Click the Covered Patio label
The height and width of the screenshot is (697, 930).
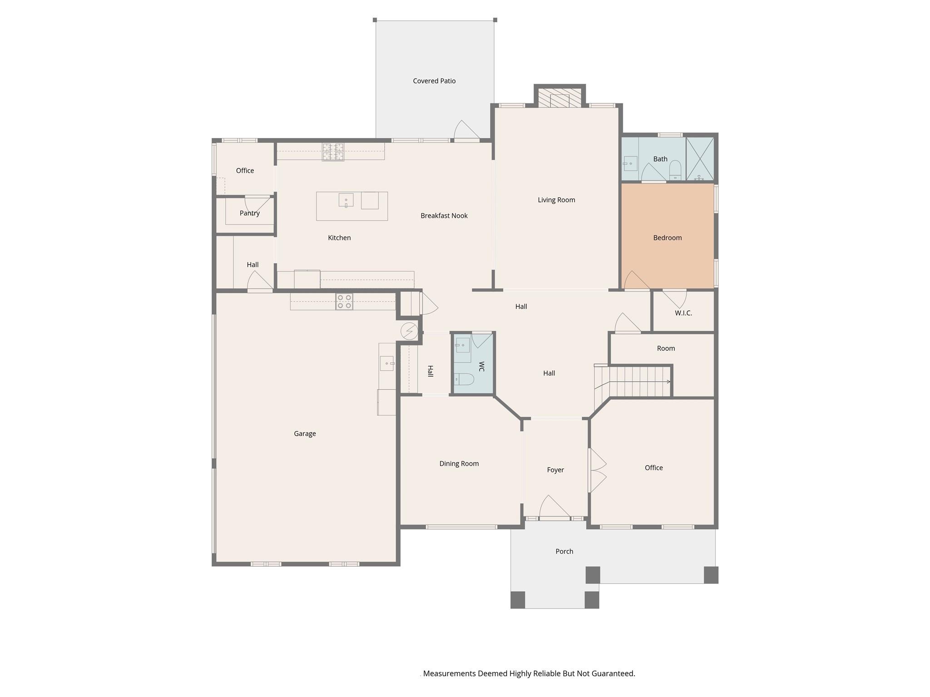click(434, 81)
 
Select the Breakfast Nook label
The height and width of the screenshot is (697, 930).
click(444, 216)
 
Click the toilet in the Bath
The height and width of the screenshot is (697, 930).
click(675, 170)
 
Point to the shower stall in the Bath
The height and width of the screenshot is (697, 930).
click(700, 159)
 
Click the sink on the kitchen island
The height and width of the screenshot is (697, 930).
click(346, 200)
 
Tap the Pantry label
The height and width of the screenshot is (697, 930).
click(250, 213)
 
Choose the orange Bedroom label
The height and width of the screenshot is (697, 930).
click(668, 238)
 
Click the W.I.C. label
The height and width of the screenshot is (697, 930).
click(683, 313)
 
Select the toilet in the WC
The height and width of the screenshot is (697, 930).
click(464, 378)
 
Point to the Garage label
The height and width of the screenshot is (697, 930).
click(305, 434)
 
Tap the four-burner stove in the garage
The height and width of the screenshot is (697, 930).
click(344, 302)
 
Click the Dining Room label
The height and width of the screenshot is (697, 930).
click(459, 463)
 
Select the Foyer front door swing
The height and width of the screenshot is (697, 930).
click(554, 506)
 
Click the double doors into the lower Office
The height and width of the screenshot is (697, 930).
click(598, 470)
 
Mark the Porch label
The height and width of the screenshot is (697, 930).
click(564, 551)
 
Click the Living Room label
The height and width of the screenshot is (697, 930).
click(556, 200)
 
